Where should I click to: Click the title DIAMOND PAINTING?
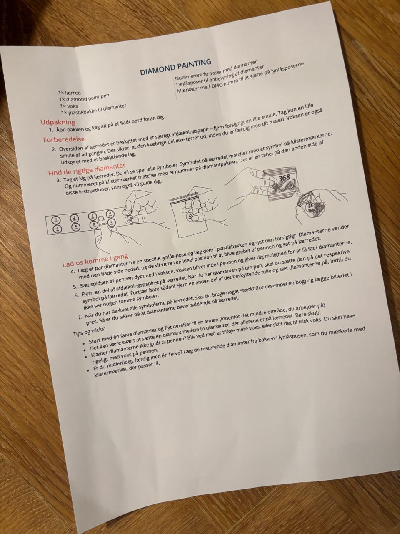[x=175, y=67]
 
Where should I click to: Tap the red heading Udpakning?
[x=58, y=122]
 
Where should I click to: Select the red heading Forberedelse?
[x=64, y=139]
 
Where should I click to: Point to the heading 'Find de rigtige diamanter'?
[x=87, y=169]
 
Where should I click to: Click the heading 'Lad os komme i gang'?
[x=95, y=260]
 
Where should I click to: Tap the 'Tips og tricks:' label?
[x=89, y=331]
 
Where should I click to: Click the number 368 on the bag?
[x=284, y=178]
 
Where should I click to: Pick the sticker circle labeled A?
[x=75, y=227]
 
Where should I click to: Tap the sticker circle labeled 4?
[x=110, y=213]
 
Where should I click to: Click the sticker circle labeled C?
[x=112, y=222]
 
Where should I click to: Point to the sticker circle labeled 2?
[x=74, y=218]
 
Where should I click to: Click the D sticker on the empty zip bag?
[x=190, y=216]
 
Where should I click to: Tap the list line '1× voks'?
[x=69, y=106]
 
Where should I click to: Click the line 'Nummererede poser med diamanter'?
[x=216, y=71]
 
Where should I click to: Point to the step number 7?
[x=79, y=317]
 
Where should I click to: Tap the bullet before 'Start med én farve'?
[x=83, y=343]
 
